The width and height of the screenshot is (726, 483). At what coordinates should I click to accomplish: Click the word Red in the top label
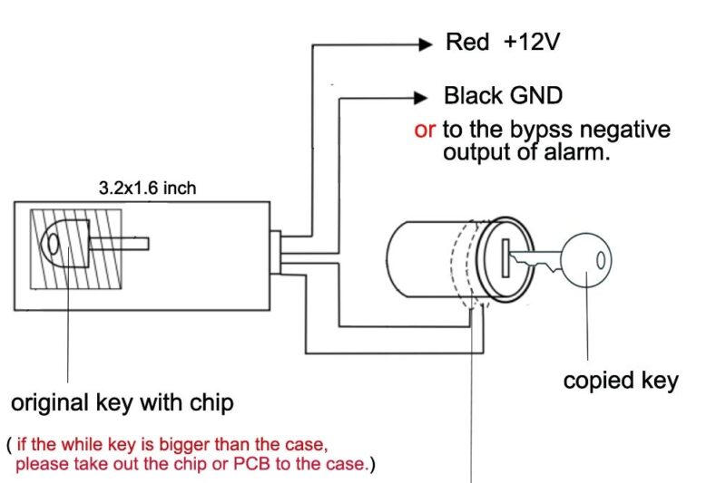[x=467, y=43]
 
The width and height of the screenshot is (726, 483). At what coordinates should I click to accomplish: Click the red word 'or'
[x=425, y=130]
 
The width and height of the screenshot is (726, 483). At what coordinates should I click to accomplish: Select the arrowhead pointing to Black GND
[x=419, y=96]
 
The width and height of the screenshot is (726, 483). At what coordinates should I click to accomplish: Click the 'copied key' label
[x=621, y=380]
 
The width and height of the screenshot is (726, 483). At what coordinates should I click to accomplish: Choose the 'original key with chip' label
[x=122, y=402]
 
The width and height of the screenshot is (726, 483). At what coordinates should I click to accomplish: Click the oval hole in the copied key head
[x=598, y=259]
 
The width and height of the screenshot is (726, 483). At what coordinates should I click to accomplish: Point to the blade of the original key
[x=119, y=243]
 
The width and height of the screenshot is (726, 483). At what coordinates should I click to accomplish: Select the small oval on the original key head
[x=53, y=244]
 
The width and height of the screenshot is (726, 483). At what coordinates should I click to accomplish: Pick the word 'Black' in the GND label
[x=472, y=96]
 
